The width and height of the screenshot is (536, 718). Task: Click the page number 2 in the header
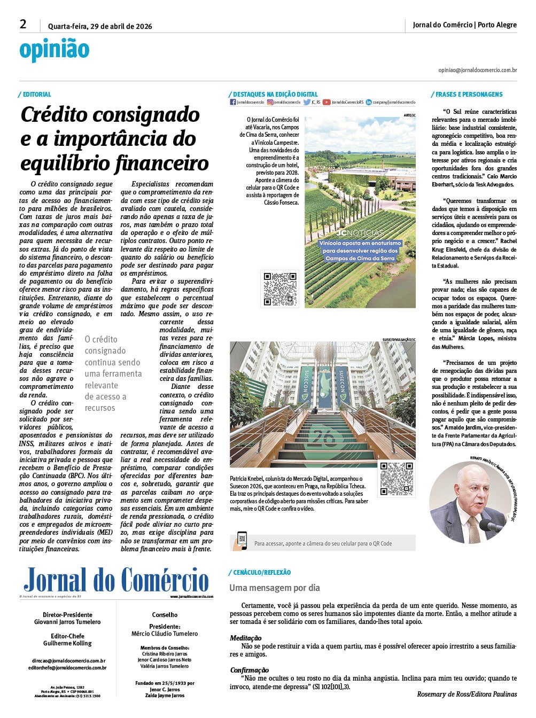tap(23, 24)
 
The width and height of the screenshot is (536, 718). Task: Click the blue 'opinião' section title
tap(54, 50)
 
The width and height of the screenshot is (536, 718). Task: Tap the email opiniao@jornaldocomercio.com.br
tap(477, 70)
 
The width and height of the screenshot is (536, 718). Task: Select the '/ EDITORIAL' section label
tap(35, 95)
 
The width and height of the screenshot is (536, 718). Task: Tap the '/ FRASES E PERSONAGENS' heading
tap(467, 95)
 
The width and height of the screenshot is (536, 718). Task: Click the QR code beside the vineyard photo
tap(280, 288)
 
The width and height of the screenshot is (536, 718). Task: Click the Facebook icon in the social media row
tap(232, 102)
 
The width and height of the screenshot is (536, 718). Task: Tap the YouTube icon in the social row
tap(327, 102)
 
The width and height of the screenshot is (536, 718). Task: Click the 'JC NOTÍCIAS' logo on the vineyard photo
tap(360, 233)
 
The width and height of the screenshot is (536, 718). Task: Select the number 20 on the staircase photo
tap(321, 435)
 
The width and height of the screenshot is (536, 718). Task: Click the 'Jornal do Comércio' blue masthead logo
tap(116, 580)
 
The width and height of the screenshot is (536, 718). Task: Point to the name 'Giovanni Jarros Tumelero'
tap(67, 622)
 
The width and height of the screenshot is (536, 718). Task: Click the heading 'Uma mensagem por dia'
tap(275, 588)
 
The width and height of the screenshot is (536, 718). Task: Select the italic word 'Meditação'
tap(246, 638)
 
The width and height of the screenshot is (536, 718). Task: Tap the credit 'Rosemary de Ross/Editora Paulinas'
tap(467, 694)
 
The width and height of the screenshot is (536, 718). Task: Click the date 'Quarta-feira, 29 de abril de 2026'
tap(100, 26)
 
